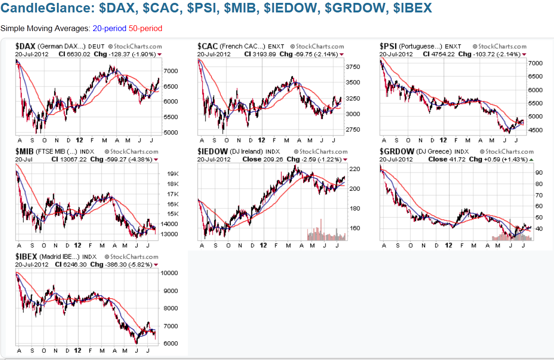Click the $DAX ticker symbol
point(25,46)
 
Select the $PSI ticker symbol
point(388,46)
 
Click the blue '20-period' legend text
point(109,28)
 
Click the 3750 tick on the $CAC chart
point(353,67)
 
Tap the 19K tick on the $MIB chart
point(173,174)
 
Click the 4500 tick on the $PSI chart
point(534,130)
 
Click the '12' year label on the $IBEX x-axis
point(78,351)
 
